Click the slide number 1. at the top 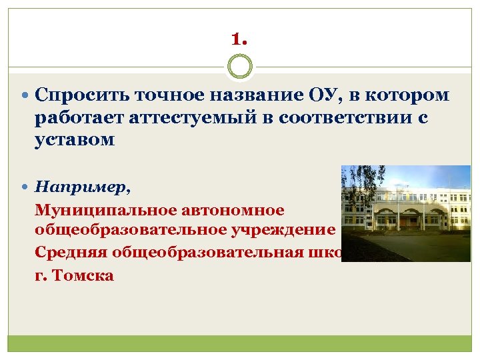click(x=239, y=39)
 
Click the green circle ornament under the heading click(x=240, y=67)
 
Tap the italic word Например click(x=81, y=187)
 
